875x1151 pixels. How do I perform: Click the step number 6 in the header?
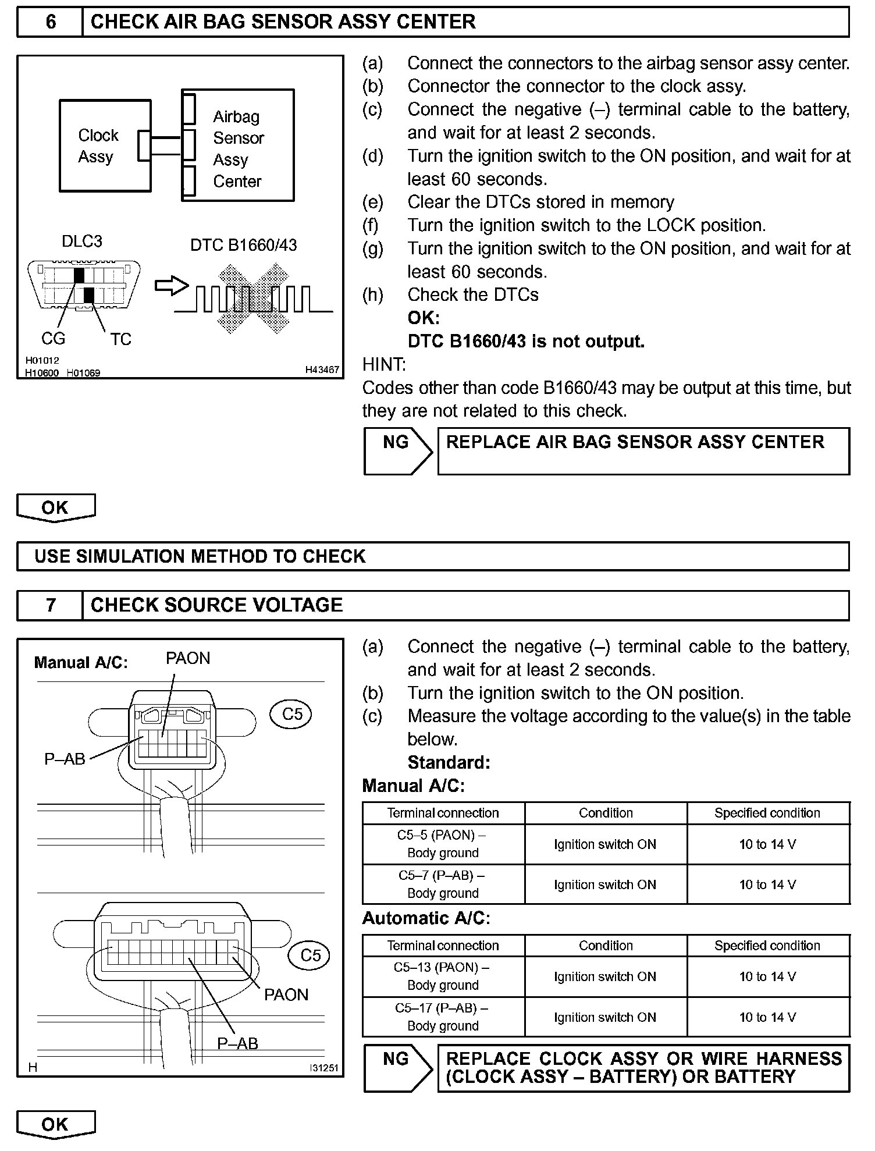click(51, 22)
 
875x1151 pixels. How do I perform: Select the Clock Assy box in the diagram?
click(105, 146)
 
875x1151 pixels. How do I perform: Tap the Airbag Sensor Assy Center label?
click(238, 149)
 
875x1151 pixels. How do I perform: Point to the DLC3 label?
click(82, 241)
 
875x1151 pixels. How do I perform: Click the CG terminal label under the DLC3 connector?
click(53, 339)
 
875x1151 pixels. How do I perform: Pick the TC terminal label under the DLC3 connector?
click(120, 339)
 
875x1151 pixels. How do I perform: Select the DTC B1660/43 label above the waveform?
click(243, 245)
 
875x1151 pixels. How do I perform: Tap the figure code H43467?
click(322, 370)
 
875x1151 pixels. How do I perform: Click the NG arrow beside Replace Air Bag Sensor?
click(397, 451)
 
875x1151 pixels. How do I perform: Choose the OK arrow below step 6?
click(55, 508)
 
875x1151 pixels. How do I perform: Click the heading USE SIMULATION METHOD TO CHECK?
click(200, 556)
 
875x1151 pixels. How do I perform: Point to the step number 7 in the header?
click(51, 605)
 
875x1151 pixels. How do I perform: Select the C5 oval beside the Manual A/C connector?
click(291, 714)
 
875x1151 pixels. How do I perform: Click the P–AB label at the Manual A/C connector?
click(65, 759)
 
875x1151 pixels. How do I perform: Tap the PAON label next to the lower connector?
click(286, 994)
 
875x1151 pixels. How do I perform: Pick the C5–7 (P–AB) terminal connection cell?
click(443, 884)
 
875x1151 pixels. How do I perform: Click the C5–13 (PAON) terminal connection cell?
click(443, 976)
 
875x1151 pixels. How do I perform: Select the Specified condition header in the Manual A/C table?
click(767, 813)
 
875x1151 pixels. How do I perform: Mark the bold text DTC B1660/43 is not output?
click(526, 342)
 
